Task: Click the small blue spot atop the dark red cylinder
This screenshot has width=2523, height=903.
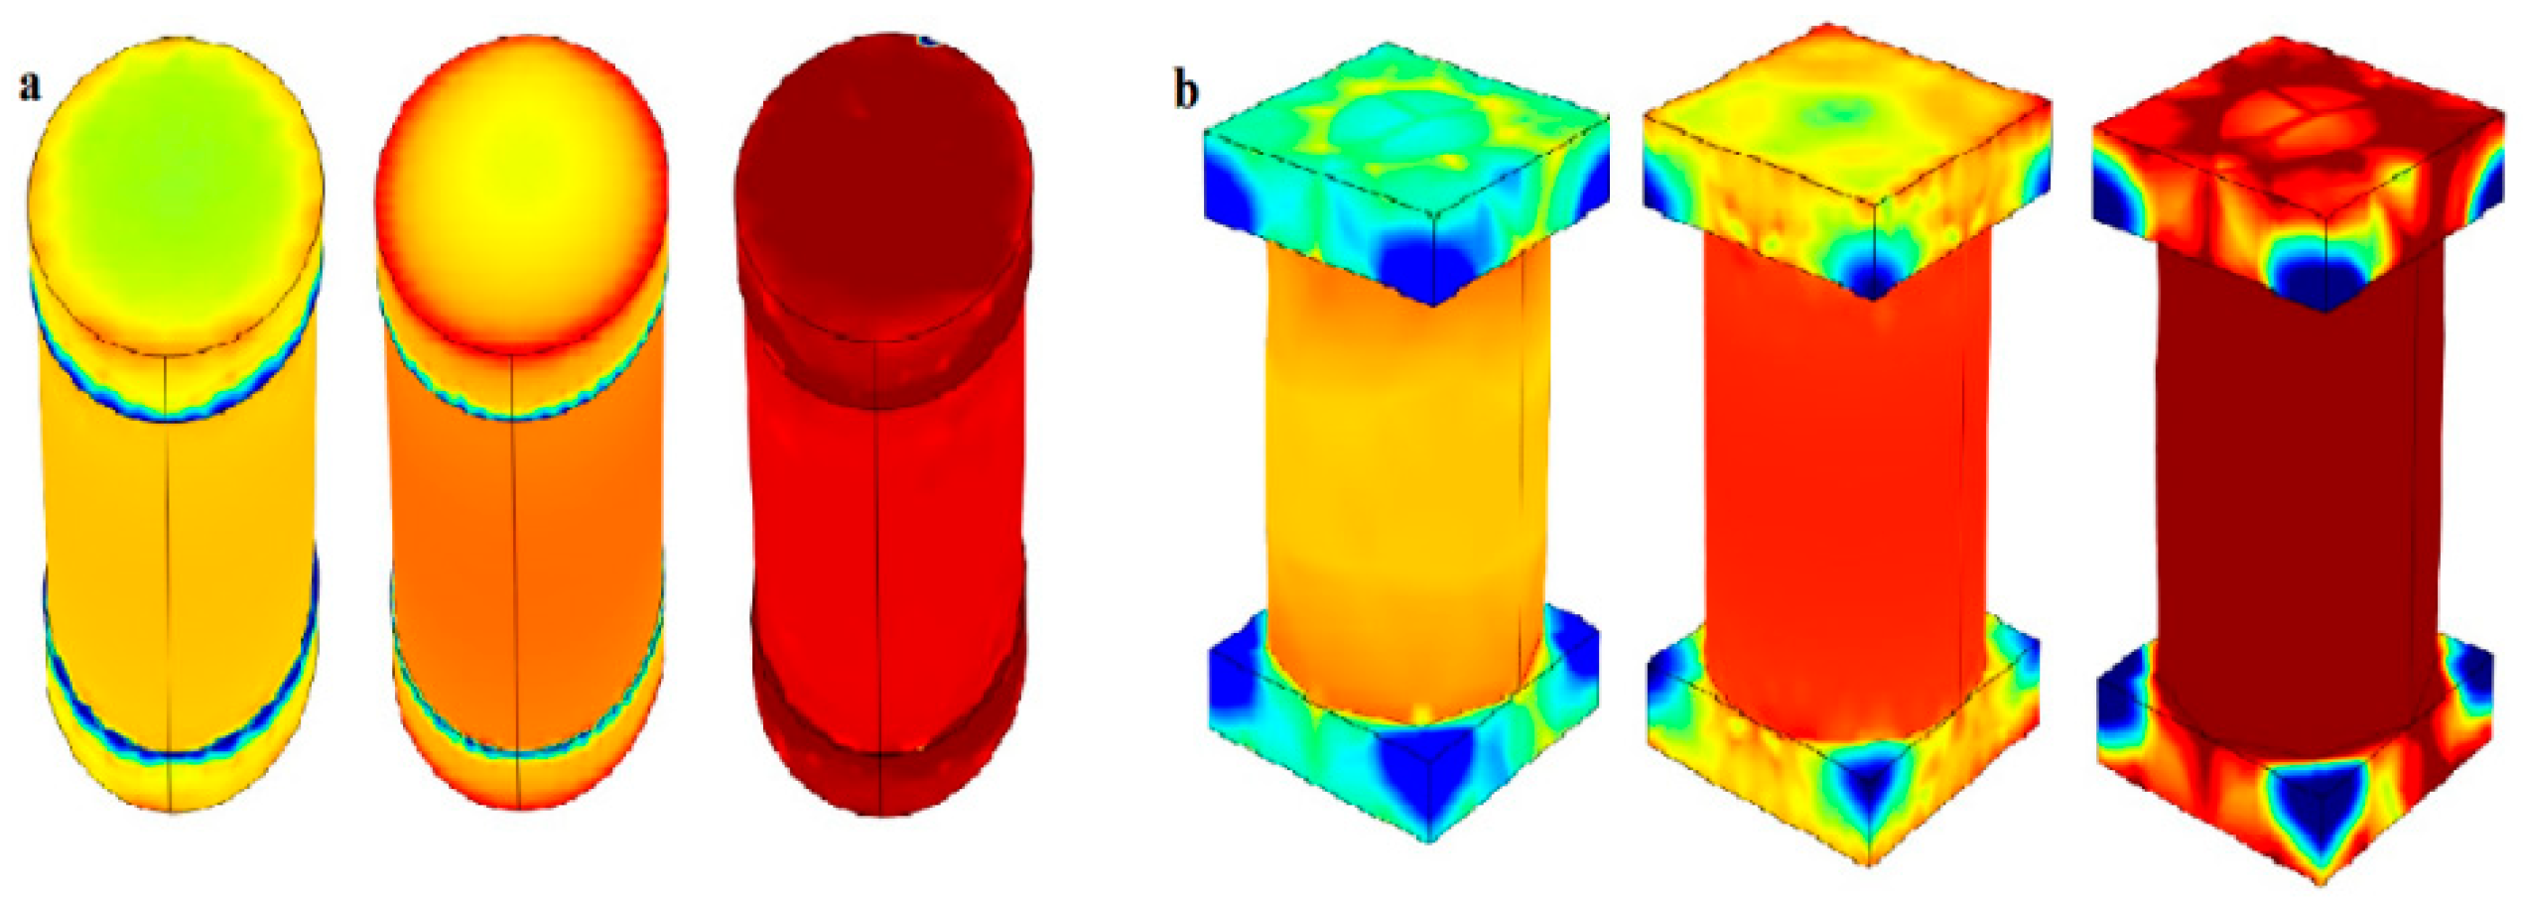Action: coord(929,42)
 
